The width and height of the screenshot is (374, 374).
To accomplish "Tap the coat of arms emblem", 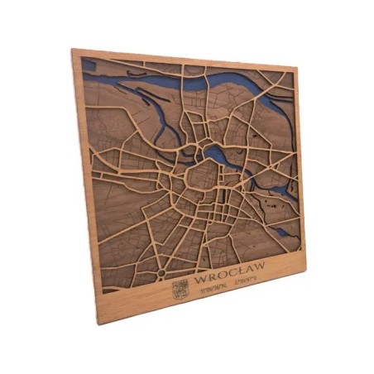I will click(179, 290).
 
